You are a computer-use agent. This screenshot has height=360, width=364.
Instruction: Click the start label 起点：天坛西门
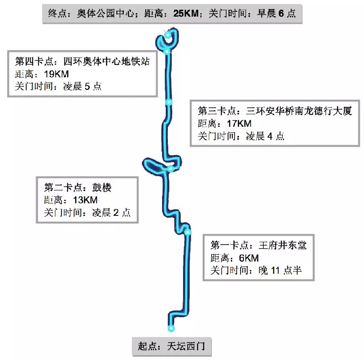pos(171,347)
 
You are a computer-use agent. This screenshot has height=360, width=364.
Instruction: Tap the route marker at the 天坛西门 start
pos(171,328)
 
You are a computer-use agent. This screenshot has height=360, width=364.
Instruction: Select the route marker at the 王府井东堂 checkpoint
pos(188,232)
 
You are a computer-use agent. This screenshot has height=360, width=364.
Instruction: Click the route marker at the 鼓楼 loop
pos(171,168)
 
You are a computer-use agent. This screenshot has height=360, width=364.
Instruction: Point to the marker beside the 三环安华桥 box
pos(169,102)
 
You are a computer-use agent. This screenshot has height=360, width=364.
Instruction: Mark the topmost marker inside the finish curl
pos(167,36)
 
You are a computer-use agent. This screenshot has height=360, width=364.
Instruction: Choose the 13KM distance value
pos(85,200)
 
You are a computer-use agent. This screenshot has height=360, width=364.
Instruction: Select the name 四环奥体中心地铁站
pos(107,62)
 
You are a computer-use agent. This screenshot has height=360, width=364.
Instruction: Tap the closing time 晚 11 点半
pos(280,271)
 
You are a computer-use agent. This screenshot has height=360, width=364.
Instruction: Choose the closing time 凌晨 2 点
pos(111,213)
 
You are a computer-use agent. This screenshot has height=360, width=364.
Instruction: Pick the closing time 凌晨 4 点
pos(265,136)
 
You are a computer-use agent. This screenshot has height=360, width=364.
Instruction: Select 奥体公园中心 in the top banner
pos(104,13)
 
